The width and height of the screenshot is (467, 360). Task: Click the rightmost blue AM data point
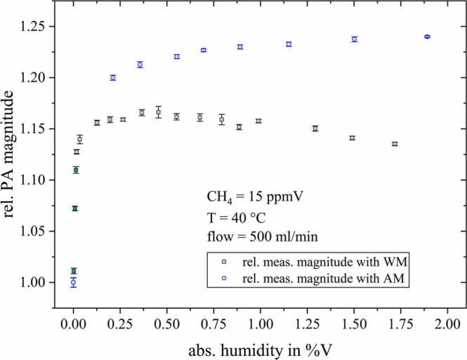coord(427,36)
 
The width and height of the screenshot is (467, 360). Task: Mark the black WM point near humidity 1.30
coord(315,128)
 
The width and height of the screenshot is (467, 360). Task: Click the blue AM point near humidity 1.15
coord(289,44)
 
